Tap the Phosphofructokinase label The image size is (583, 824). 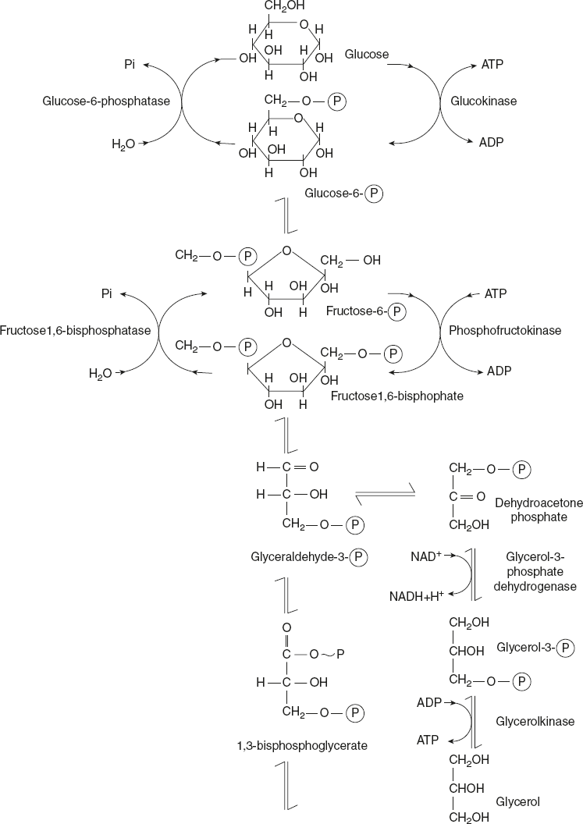coord(505,331)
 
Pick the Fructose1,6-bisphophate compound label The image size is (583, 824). coord(397,396)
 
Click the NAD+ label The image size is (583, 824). coord(426,557)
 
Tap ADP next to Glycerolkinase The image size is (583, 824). coord(430,702)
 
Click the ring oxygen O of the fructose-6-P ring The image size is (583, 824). coord(287,251)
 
